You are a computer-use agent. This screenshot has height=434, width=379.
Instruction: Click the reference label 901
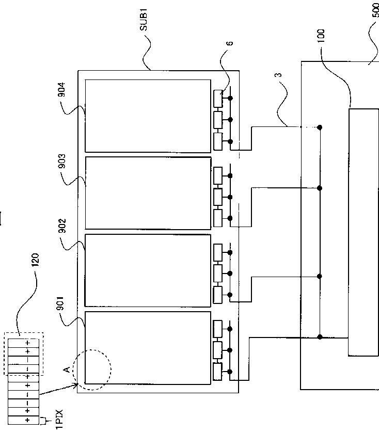click(60, 303)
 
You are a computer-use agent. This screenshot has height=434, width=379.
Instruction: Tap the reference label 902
click(62, 226)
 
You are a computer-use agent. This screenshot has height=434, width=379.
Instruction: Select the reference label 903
click(62, 161)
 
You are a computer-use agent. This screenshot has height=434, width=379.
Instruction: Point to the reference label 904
click(61, 89)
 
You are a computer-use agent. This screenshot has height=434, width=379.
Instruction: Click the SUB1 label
click(144, 20)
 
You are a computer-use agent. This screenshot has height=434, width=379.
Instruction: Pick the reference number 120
click(35, 260)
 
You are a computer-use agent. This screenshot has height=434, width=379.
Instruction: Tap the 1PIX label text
click(59, 419)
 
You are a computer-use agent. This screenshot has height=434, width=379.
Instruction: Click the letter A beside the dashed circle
click(67, 369)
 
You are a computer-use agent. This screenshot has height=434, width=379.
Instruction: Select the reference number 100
click(321, 36)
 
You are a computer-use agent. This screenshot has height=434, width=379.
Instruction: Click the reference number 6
click(229, 43)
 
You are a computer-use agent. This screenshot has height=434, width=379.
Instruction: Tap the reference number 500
click(375, 10)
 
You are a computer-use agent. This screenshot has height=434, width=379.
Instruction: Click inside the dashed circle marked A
click(92, 370)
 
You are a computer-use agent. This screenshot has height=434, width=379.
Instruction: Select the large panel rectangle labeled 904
click(148, 116)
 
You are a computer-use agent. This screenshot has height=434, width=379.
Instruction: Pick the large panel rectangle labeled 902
click(148, 271)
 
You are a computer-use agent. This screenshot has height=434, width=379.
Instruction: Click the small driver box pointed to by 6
click(218, 99)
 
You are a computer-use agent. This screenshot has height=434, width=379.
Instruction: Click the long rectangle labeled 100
click(364, 233)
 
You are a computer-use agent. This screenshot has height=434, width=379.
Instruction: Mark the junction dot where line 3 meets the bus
click(320, 127)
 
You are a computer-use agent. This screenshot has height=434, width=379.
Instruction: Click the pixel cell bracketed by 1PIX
click(23, 420)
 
